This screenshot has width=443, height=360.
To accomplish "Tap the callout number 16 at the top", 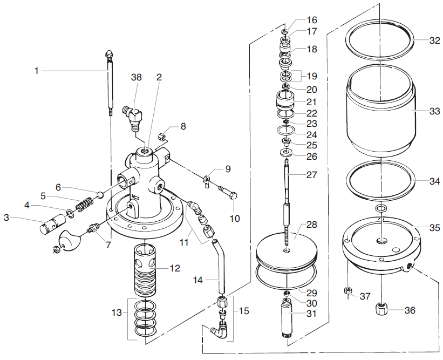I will (x=312, y=21).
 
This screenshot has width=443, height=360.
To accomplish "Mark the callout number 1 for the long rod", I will (x=37, y=71).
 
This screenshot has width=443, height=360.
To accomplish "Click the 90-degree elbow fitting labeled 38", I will (x=131, y=115).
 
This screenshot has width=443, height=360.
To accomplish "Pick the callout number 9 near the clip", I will (x=228, y=169).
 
